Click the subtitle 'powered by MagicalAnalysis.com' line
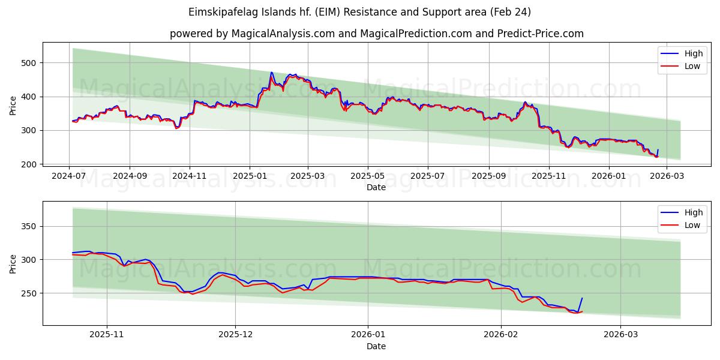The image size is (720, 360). click(x=376, y=34)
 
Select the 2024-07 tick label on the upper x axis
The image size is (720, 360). click(x=69, y=176)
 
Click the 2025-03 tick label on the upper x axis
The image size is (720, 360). click(x=308, y=176)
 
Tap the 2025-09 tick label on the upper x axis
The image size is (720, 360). click(x=488, y=176)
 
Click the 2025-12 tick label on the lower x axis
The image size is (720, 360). click(x=235, y=335)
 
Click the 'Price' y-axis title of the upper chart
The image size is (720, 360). click(x=13, y=106)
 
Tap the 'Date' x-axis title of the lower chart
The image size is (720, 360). click(x=376, y=346)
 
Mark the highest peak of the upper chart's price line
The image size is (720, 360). click(x=271, y=73)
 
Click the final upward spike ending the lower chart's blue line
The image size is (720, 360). click(x=581, y=298)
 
